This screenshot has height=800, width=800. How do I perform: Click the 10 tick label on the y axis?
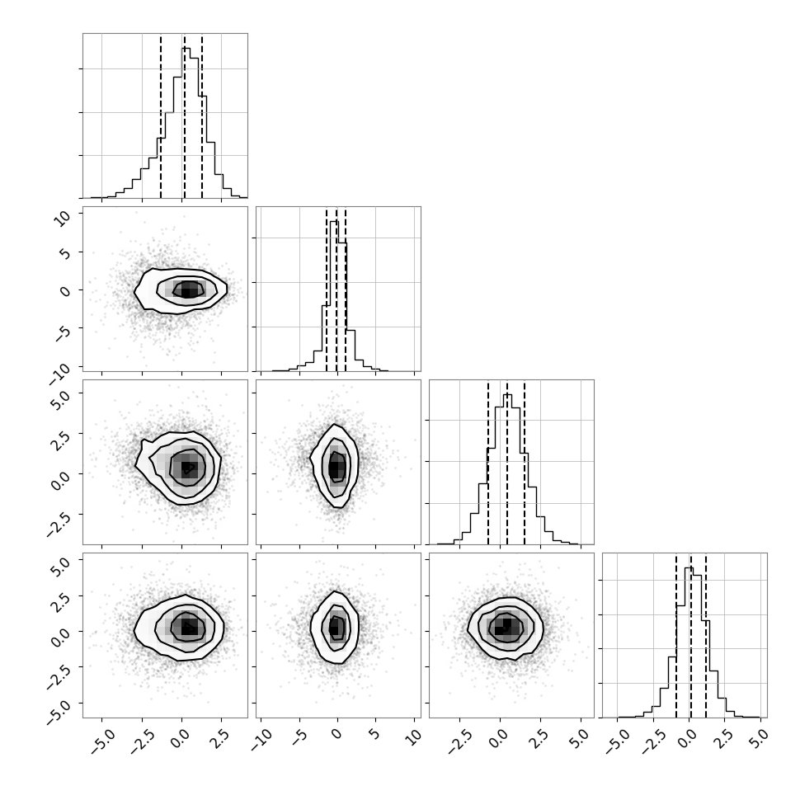[63, 218]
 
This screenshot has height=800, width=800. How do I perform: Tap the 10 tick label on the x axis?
[413, 736]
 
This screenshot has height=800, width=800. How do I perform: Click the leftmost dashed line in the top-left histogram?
[161, 116]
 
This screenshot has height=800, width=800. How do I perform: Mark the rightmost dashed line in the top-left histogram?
[202, 116]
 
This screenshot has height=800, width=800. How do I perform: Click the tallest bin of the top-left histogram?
[186, 122]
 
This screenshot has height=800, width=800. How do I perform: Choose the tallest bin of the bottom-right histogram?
[689, 642]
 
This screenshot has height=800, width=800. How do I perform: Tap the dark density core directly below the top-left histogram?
[188, 289]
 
